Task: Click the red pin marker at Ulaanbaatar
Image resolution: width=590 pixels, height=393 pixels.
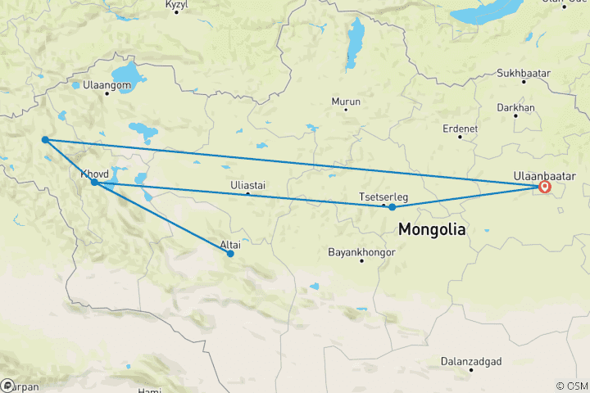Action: click(x=544, y=187)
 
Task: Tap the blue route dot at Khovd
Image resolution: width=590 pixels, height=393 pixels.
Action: click(x=95, y=182)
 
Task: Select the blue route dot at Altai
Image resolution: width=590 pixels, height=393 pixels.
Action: click(x=230, y=253)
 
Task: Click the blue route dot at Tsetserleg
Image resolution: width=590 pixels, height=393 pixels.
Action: click(x=393, y=207)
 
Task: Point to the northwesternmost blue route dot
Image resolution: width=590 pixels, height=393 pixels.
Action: click(x=45, y=139)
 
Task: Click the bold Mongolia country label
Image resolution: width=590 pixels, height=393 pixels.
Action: click(x=432, y=230)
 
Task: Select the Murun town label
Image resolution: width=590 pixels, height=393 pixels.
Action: click(x=346, y=102)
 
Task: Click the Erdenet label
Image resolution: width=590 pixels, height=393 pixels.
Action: click(x=459, y=129)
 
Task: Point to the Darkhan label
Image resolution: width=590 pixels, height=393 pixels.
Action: click(x=516, y=107)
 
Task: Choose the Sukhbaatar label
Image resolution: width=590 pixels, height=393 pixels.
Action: click(x=524, y=74)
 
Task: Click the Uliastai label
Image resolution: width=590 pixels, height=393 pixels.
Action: click(x=248, y=186)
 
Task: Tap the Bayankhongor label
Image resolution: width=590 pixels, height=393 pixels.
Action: click(x=361, y=252)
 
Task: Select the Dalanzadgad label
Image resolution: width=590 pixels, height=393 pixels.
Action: click(x=470, y=361)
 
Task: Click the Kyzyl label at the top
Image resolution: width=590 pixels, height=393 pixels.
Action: click(x=178, y=4)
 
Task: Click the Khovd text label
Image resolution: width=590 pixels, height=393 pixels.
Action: click(x=95, y=174)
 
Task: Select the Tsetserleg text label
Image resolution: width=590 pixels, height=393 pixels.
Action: click(x=384, y=197)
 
